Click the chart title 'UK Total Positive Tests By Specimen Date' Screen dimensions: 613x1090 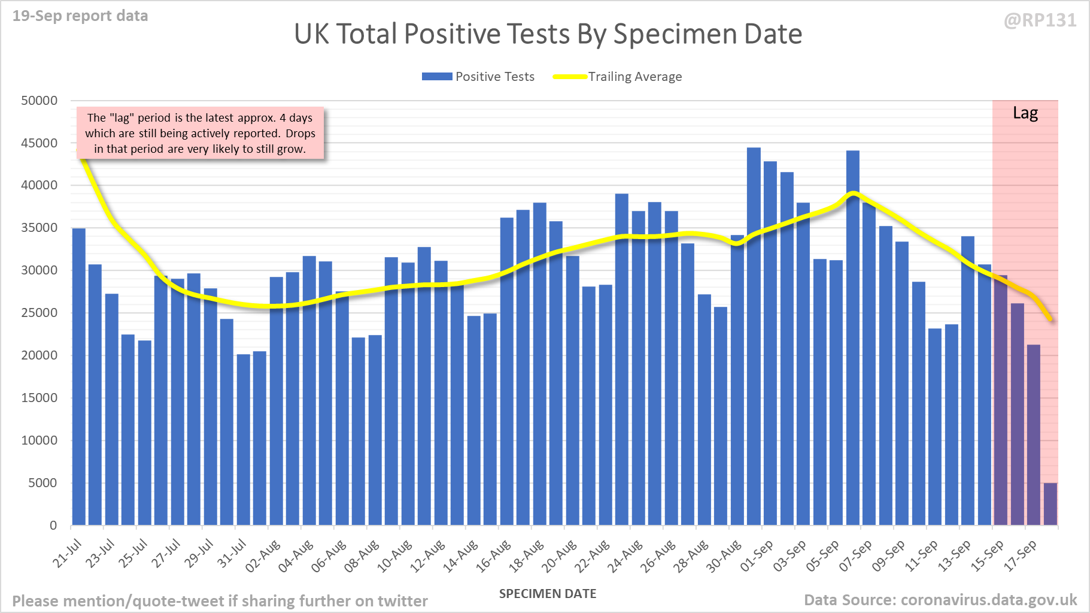click(548, 34)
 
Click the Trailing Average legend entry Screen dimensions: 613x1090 click(618, 77)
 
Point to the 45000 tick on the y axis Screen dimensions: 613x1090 click(40, 143)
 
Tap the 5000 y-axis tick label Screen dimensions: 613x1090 click(42, 483)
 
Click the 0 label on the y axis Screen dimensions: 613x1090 click(53, 526)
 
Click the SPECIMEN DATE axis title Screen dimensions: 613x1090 click(548, 594)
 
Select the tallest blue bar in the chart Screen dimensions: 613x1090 click(754, 336)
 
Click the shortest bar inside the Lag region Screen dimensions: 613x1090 click(1050, 504)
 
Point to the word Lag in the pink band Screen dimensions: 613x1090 click(1025, 113)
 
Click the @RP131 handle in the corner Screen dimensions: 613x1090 click(1040, 21)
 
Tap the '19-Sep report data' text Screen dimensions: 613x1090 click(80, 16)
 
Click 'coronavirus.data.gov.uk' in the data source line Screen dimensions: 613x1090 click(988, 600)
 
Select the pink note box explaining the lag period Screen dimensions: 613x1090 click(200, 133)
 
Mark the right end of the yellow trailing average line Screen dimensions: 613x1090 click(1051, 319)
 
